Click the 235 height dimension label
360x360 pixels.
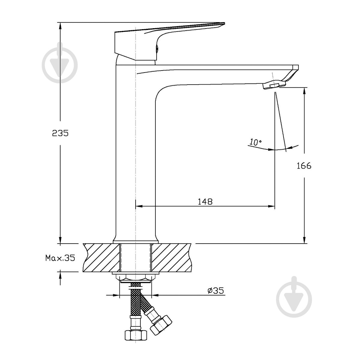60,133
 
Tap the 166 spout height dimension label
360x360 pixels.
304,166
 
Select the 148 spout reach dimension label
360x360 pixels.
205,201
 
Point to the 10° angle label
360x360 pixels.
255,142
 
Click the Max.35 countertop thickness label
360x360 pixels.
60,258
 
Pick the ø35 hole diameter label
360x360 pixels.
216,290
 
